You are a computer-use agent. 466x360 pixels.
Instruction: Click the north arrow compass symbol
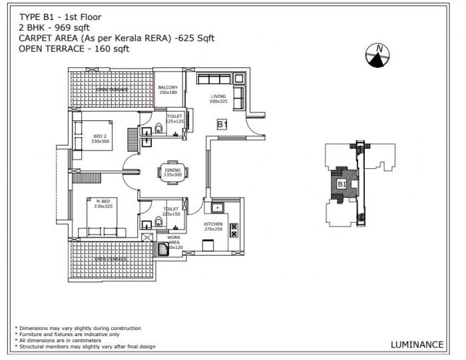(x=377, y=56)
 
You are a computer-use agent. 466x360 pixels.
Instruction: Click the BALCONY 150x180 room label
(x=168, y=90)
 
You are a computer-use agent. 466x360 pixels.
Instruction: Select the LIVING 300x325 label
(x=219, y=99)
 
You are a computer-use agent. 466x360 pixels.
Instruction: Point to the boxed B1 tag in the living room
(x=222, y=124)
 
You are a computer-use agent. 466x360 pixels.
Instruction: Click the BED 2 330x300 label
(x=101, y=139)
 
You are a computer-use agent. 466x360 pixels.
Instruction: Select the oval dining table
(x=172, y=172)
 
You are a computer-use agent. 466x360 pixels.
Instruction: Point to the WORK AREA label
(x=174, y=241)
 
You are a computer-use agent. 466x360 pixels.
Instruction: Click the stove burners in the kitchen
(x=234, y=230)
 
